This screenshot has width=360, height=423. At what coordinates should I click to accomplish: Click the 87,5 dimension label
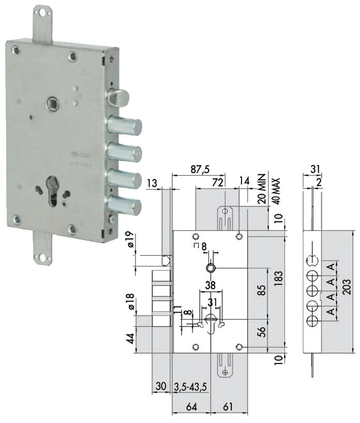pos(200,169)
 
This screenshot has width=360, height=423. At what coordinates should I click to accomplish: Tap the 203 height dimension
pos(347,287)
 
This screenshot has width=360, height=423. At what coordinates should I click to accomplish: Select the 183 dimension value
pos(278,278)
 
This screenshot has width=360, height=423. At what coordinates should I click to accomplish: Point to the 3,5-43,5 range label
pos(190,387)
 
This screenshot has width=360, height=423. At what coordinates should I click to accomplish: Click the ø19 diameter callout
pos(129,239)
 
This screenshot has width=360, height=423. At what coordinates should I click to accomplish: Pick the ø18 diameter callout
pos(129,301)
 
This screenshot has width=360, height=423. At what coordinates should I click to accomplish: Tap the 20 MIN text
pos(262,189)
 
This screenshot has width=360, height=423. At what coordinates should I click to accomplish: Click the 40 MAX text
pos(275,191)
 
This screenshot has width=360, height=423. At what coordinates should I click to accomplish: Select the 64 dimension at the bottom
pos(191,406)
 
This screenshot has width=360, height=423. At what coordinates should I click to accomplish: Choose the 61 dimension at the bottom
pos(228,406)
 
